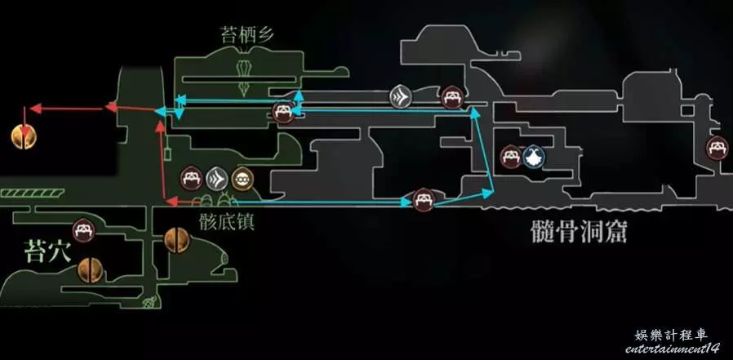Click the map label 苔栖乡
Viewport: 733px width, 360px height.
pyautogui.click(x=242, y=34)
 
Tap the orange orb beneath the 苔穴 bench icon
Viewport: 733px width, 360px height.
pyautogui.click(x=91, y=269)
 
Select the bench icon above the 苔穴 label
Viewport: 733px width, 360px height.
pyautogui.click(x=83, y=232)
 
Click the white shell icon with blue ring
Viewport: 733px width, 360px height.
pyautogui.click(x=535, y=156)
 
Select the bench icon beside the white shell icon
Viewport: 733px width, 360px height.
pyautogui.click(x=511, y=156)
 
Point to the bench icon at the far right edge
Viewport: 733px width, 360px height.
pyautogui.click(x=718, y=149)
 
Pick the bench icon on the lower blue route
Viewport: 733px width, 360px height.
pyautogui.click(x=422, y=199)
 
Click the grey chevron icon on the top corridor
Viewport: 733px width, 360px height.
pyautogui.click(x=400, y=97)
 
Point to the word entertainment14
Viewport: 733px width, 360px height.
pyautogui.click(x=673, y=349)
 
